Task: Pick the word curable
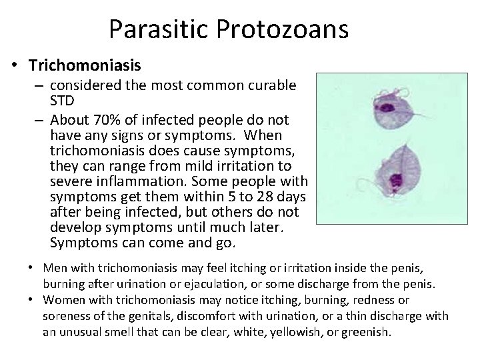point(271,86)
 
